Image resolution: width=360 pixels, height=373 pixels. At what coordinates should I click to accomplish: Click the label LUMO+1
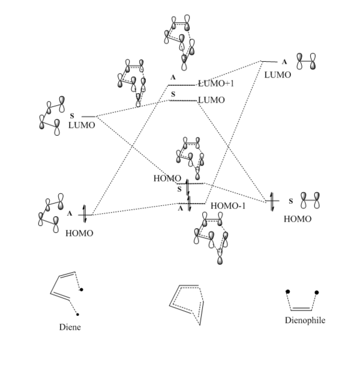click(x=216, y=84)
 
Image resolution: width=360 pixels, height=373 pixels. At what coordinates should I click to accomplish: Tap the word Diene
click(x=70, y=327)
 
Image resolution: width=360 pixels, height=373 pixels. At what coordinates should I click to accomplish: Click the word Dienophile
click(x=305, y=320)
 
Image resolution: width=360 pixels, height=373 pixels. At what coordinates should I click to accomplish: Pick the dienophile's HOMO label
click(x=298, y=219)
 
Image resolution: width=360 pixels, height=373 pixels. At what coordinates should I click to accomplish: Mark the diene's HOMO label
click(x=79, y=233)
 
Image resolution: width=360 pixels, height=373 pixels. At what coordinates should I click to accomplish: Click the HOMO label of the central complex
click(x=166, y=178)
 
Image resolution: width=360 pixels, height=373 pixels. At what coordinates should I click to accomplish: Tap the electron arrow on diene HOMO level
click(x=85, y=213)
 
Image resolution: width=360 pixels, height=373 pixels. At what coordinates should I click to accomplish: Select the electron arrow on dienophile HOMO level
click(x=272, y=200)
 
